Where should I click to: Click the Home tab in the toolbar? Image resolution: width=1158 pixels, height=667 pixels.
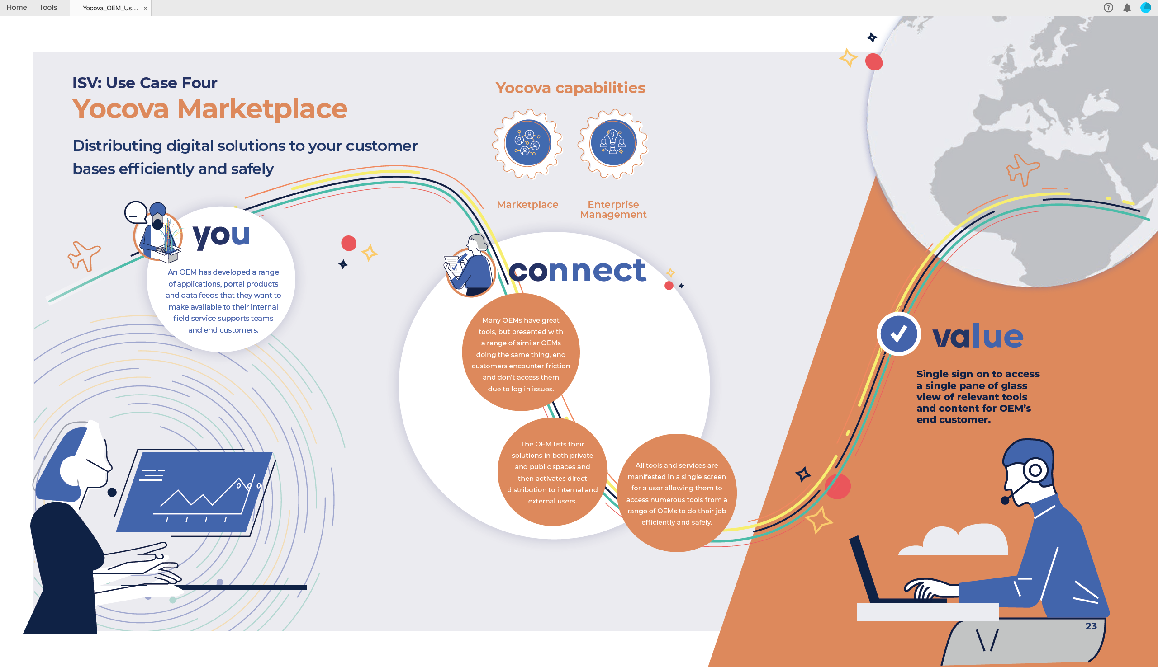coord(16,7)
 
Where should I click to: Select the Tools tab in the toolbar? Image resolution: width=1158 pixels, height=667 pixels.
coord(48,7)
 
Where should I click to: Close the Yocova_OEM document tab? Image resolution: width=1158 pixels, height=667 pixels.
coord(145,8)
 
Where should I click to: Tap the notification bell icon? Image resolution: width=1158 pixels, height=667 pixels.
coord(1127,8)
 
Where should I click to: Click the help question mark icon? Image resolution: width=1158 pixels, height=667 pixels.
coord(1108,8)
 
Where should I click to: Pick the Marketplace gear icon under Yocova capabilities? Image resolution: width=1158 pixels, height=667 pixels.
coord(527,143)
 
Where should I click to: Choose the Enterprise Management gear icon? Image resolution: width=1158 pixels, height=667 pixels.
coord(613,143)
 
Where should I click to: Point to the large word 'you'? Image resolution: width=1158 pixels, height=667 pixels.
coord(222,235)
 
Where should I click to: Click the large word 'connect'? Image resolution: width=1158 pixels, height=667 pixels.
coord(577,271)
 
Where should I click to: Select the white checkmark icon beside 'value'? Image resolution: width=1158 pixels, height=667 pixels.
coord(898,334)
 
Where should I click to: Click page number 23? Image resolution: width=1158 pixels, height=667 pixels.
coord(1091,626)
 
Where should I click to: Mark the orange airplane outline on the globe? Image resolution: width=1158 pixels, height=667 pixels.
coord(1022,169)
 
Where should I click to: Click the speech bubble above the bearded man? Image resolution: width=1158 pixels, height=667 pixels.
coord(136,212)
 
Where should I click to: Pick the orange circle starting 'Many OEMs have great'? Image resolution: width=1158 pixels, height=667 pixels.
coord(521,352)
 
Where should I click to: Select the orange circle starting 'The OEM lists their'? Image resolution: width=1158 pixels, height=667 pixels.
coord(552,472)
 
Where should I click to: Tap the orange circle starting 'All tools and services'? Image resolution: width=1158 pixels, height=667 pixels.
coord(677,493)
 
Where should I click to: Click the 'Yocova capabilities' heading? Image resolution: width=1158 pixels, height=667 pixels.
coord(570,88)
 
